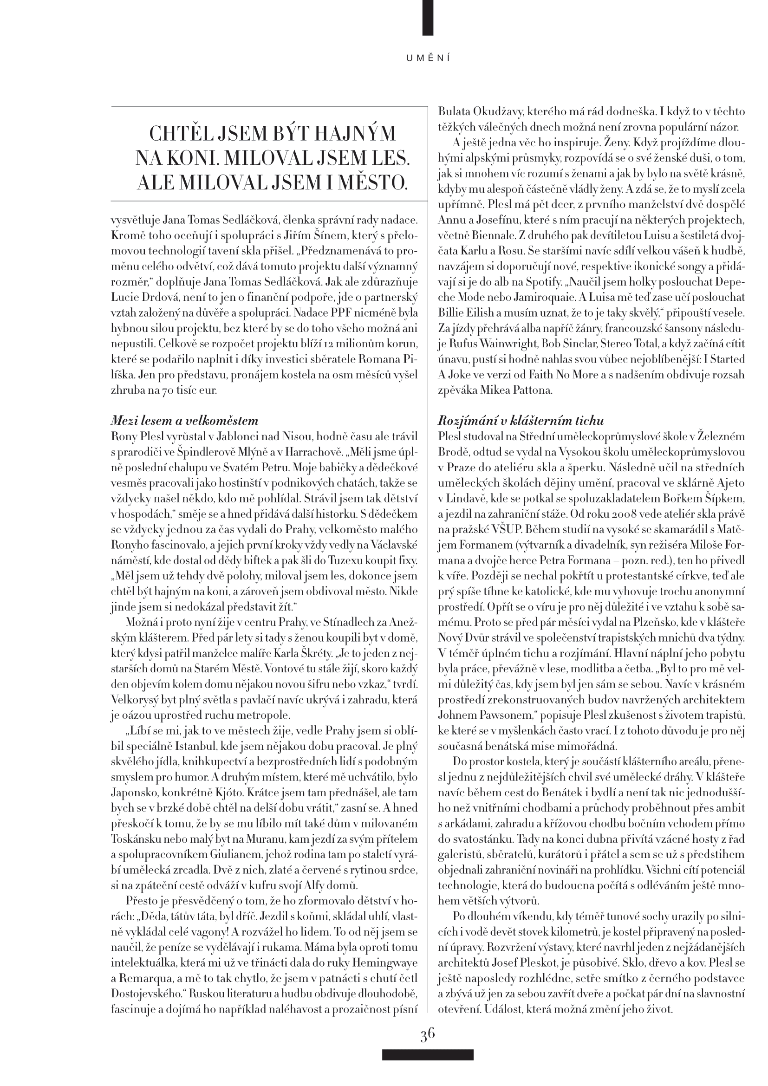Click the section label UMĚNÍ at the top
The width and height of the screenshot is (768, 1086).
428,58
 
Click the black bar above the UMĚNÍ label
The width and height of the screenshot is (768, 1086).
428,18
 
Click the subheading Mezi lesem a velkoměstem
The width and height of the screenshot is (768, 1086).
184,421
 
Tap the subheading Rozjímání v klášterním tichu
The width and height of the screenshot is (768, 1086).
521,421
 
